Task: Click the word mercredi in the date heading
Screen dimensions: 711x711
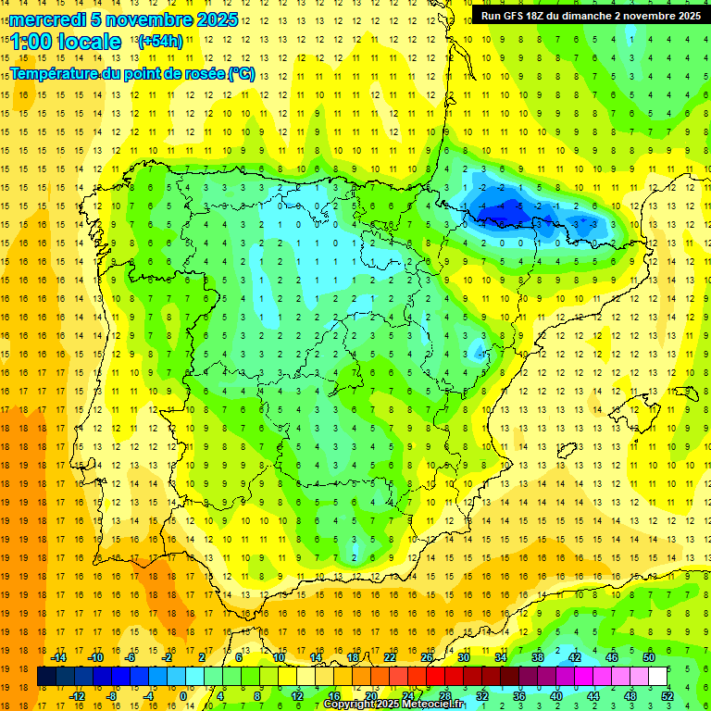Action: (47, 19)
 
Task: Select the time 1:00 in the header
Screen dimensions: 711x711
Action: (31, 43)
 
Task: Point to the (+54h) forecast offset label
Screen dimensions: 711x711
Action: (159, 42)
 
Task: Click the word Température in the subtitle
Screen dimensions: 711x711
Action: (56, 74)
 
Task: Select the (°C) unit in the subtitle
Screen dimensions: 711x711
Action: (242, 74)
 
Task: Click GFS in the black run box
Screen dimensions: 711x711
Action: (517, 16)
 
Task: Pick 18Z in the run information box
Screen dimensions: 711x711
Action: (543, 16)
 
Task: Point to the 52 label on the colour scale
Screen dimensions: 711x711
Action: (667, 695)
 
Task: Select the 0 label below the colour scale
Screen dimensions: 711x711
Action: (183, 695)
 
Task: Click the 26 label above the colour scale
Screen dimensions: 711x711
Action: (427, 657)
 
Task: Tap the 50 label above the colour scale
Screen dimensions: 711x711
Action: (649, 657)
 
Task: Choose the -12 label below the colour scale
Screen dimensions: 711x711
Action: (77, 695)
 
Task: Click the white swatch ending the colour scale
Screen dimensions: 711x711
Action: (658, 677)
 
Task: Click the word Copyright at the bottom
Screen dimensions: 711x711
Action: (349, 705)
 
